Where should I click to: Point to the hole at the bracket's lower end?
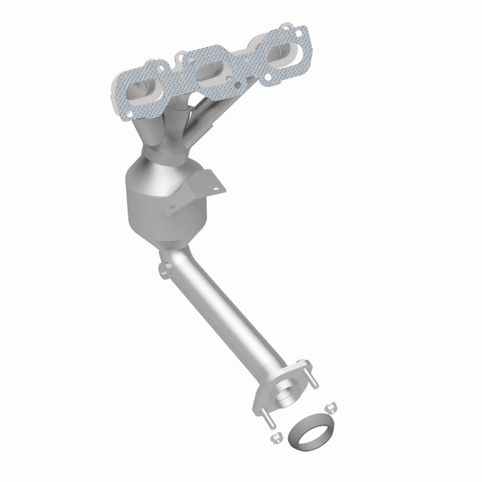[x=171, y=208]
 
